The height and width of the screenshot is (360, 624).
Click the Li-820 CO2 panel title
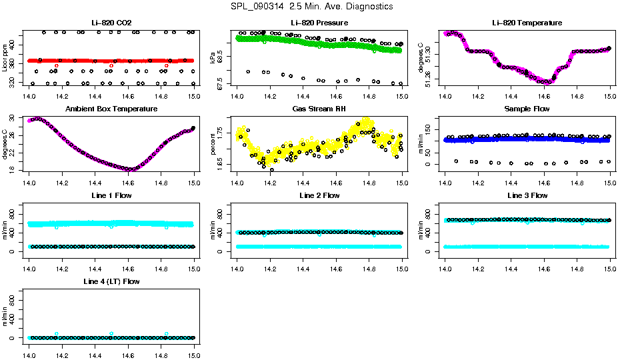click(x=111, y=23)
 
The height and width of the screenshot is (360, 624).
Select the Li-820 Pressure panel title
click(x=319, y=23)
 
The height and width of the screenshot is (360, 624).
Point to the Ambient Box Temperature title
click(x=111, y=109)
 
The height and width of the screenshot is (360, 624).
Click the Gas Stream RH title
click(x=319, y=109)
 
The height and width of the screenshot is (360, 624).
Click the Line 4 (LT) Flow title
click(x=111, y=281)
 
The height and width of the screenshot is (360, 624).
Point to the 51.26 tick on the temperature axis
click(x=431, y=79)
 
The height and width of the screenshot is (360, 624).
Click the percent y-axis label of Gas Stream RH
click(x=213, y=144)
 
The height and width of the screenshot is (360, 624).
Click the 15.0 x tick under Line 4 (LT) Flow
click(x=194, y=347)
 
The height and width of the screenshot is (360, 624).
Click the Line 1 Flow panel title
click(x=111, y=195)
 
